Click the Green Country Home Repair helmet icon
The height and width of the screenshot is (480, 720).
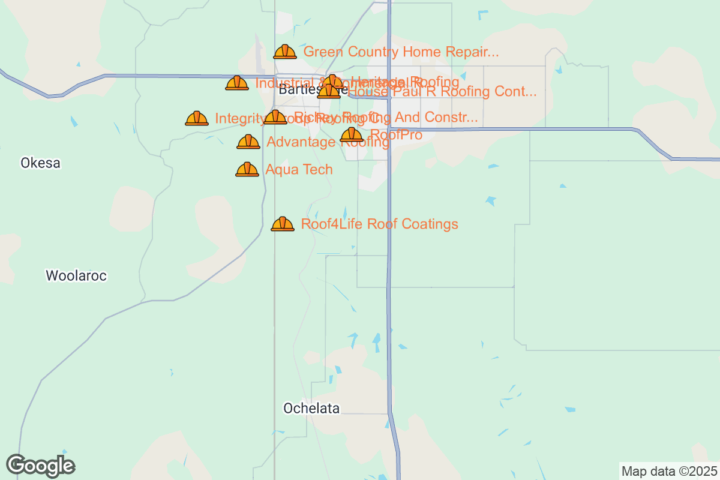[x=285, y=52]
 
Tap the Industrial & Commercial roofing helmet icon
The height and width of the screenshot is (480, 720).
[x=237, y=83]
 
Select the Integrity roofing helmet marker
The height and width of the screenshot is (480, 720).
[x=197, y=119]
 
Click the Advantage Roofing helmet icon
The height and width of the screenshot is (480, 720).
[x=248, y=142]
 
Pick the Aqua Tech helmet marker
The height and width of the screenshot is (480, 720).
[x=247, y=170]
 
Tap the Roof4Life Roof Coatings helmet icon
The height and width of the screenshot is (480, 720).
[x=283, y=224]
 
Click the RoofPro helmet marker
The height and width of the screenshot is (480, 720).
[x=352, y=136]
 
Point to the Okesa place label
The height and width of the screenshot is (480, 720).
[x=40, y=163]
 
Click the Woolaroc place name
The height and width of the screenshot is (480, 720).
[x=76, y=275]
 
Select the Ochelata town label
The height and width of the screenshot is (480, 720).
[x=311, y=409]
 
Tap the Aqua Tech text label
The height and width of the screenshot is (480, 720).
[x=299, y=170]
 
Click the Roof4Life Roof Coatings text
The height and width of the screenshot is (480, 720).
[x=379, y=224]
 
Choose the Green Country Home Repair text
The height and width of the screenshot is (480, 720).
[x=401, y=52]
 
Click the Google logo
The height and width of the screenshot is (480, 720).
[x=41, y=466]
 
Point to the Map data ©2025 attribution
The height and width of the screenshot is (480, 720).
[x=668, y=471]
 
